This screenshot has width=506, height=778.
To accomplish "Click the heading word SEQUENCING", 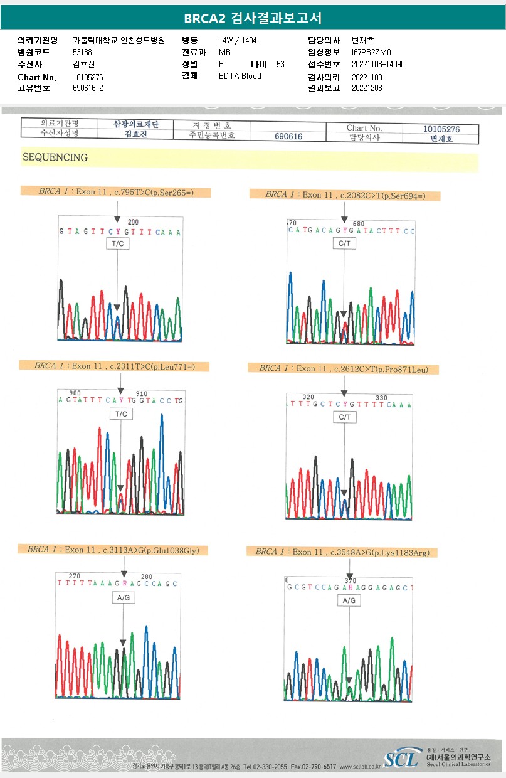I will point(55,157).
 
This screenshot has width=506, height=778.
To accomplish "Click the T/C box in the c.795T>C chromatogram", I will point(118,244).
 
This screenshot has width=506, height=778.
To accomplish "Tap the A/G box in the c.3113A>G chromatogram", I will point(122,598).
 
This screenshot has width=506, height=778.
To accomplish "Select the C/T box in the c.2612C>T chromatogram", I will point(344,417).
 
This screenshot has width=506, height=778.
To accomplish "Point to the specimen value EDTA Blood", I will point(240,77).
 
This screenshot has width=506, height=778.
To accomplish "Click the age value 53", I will point(280,65).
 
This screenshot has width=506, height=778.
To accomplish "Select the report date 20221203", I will point(367,88).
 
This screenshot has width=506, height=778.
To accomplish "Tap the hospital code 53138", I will point(82,53).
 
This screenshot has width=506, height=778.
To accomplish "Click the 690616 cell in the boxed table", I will point(288,136).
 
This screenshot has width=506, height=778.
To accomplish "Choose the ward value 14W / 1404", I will point(238,41).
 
